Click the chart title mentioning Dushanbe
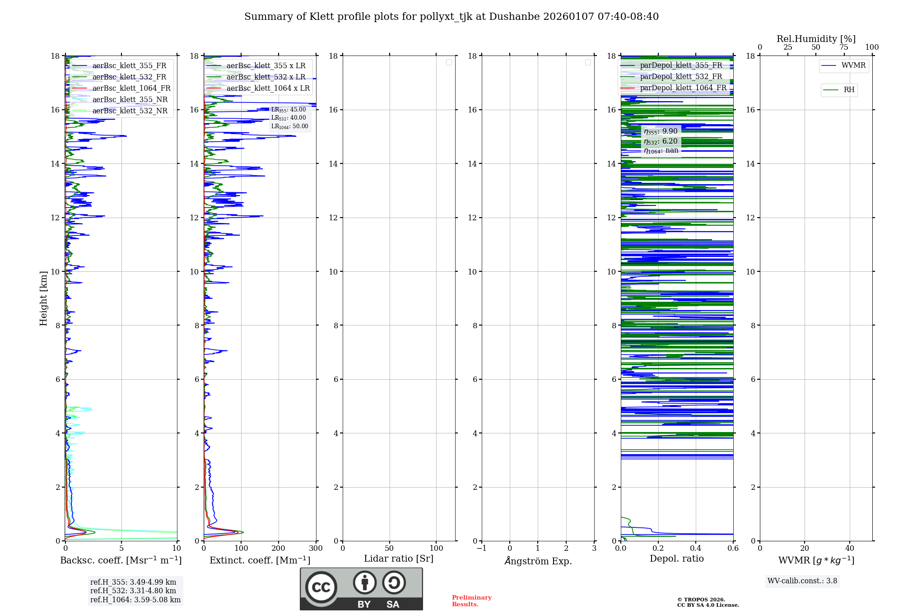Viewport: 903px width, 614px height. [x=451, y=17]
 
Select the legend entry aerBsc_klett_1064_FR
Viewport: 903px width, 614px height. [x=131, y=88]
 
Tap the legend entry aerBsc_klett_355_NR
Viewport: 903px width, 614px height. [x=130, y=100]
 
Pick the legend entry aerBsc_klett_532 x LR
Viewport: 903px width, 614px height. [x=266, y=77]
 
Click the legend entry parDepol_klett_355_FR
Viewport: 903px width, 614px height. [x=681, y=65]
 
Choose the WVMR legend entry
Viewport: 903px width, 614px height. [x=853, y=65]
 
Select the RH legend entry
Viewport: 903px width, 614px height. [x=849, y=90]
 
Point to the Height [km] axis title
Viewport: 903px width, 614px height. [x=43, y=298]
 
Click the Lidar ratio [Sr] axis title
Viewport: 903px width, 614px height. [x=399, y=559]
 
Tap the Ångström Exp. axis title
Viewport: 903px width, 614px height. [x=538, y=561]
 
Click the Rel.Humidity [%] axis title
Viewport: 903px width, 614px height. [x=816, y=39]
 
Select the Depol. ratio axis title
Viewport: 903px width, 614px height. [x=676, y=559]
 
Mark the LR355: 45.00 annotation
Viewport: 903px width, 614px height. [x=289, y=110]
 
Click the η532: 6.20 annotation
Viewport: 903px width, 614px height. [x=661, y=141]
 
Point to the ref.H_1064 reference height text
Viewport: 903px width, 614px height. [x=135, y=600]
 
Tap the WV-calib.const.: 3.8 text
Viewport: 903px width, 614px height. [x=802, y=581]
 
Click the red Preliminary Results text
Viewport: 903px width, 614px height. [x=471, y=601]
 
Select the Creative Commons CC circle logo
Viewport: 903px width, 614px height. [x=321, y=587]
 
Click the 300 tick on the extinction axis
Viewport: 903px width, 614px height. [x=316, y=549]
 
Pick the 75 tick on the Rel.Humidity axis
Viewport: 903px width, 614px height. [x=843, y=47]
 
